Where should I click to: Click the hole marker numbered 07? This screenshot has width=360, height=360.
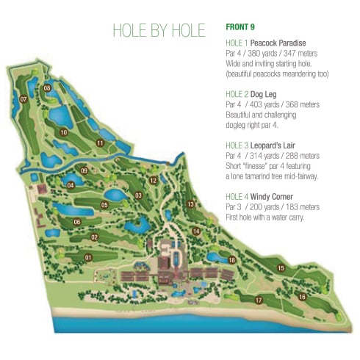click(24, 99)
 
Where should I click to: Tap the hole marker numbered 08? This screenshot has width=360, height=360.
click(47, 89)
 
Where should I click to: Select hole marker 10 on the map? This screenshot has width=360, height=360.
click(65, 133)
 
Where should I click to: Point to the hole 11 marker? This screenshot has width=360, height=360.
click(99, 143)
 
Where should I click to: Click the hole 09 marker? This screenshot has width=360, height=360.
click(84, 171)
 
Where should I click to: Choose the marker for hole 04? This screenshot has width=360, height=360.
click(71, 185)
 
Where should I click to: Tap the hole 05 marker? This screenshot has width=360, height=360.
click(105, 205)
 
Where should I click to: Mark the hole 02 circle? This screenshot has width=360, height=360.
click(94, 237)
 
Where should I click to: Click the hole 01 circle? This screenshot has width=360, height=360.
click(88, 258)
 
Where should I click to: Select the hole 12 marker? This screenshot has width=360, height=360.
click(153, 180)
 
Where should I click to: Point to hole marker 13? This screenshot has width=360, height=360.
click(190, 204)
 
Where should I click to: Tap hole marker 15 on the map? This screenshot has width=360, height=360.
click(281, 268)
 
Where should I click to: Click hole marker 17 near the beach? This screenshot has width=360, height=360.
click(259, 300)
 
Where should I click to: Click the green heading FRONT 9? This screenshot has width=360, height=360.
click(240, 27)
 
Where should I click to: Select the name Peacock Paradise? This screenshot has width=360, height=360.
click(276, 43)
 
